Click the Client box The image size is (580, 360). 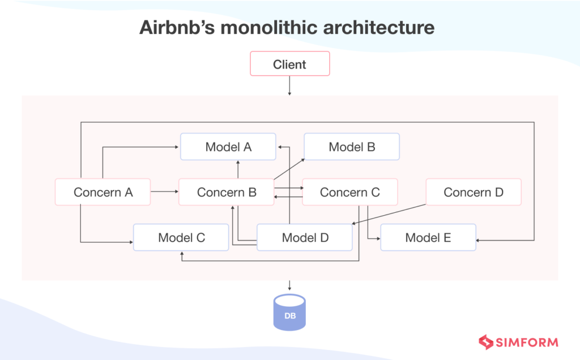(289, 64)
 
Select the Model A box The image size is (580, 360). (228, 147)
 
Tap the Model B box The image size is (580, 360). (352, 147)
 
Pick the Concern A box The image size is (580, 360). (103, 192)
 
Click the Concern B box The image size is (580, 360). (226, 192)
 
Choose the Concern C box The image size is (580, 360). (349, 192)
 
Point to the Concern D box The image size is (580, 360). (473, 192)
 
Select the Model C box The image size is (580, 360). (181, 237)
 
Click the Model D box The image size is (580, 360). (305, 237)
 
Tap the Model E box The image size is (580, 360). (428, 237)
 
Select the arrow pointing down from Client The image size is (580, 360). (289, 86)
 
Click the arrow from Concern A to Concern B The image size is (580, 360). (164, 192)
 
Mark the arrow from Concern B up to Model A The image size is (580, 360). (238, 170)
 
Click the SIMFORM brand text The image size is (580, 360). (527, 342)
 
